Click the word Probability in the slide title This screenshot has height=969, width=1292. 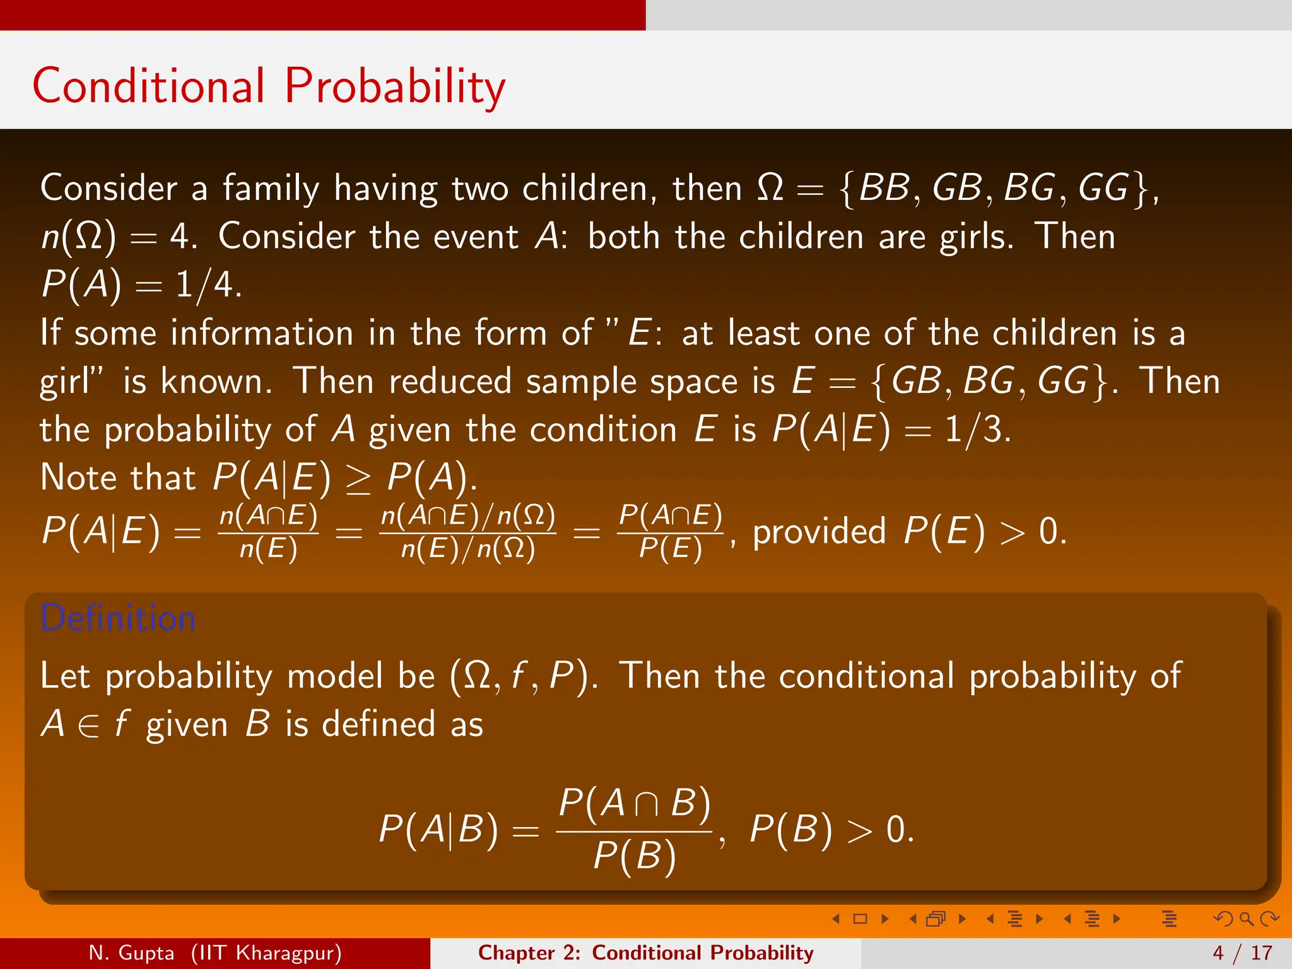click(395, 86)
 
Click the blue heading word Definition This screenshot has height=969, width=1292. click(118, 618)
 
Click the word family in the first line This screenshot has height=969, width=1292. click(271, 189)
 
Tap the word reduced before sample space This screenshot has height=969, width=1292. click(449, 381)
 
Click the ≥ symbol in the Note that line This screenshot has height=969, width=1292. click(358, 479)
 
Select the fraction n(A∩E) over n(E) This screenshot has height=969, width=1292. click(268, 532)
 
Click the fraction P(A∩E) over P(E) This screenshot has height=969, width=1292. click(670, 532)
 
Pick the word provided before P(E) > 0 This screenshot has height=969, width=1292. click(819, 531)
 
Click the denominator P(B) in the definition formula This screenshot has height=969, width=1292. click(635, 857)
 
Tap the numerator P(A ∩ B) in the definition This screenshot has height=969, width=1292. click(635, 804)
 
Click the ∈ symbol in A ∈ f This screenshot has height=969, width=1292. click(89, 726)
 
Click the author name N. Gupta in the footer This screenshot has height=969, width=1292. click(131, 953)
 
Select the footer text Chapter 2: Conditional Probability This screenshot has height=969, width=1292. click(645, 953)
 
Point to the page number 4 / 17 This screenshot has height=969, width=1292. click(1242, 953)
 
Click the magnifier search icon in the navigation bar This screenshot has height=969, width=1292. click(1246, 919)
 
